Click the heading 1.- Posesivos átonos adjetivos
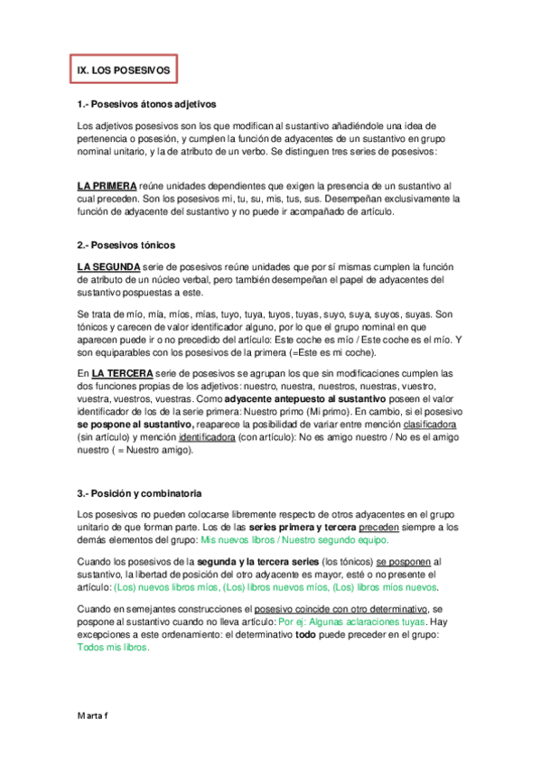(147, 104)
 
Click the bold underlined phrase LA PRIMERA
(107, 184)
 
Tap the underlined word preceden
(383, 527)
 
